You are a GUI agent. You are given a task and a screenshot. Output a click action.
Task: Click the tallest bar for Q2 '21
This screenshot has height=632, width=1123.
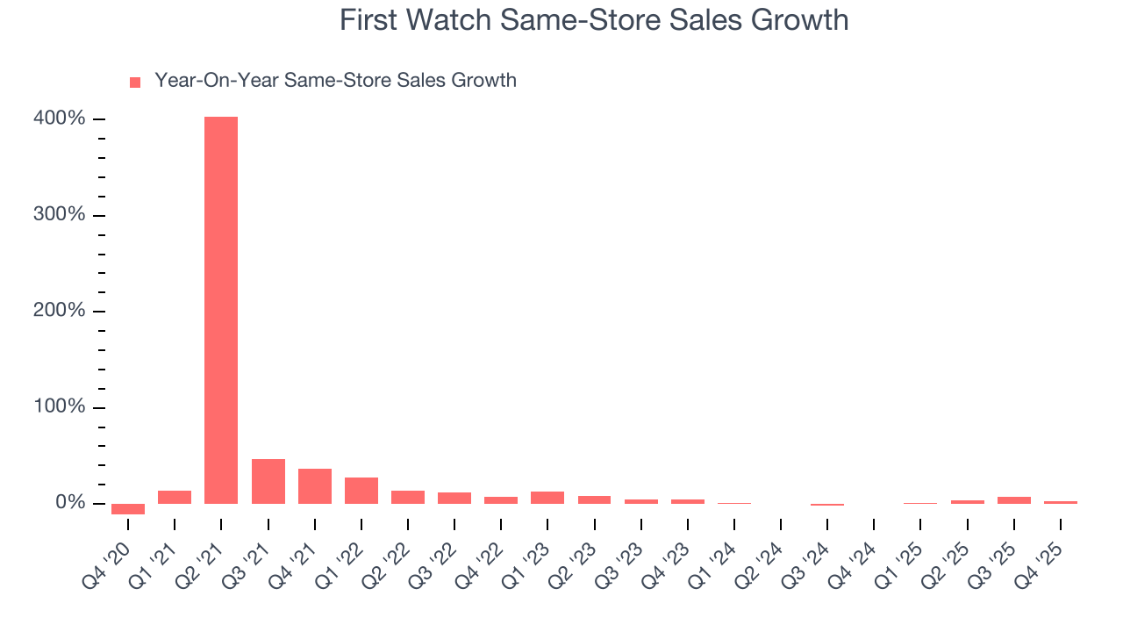(221, 310)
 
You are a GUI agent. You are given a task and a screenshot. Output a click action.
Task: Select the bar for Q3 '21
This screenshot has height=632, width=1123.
(268, 481)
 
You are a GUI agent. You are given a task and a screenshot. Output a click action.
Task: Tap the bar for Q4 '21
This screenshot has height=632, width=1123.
(314, 486)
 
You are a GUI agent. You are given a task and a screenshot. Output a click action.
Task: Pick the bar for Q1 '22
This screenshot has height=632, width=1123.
(361, 491)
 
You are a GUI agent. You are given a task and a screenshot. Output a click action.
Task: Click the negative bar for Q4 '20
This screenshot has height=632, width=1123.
(128, 508)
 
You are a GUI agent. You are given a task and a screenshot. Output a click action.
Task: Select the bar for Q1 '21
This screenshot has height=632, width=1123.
(175, 497)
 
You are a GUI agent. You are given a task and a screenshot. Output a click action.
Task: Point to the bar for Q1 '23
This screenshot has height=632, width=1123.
(547, 498)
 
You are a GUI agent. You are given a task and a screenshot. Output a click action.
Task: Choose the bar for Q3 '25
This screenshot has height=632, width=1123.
(1014, 500)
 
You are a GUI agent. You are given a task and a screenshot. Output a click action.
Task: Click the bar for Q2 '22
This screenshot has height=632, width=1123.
(408, 497)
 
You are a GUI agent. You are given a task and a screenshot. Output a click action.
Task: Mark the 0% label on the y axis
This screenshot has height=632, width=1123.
(72, 503)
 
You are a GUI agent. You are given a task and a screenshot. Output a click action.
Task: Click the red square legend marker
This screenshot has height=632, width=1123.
(135, 83)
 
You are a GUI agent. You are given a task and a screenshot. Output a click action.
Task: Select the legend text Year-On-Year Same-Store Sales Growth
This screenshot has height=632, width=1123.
(335, 81)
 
